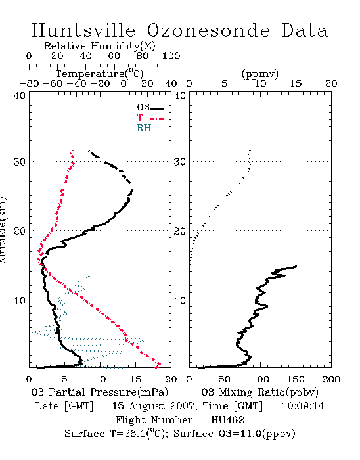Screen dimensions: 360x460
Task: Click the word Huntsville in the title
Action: [83, 30]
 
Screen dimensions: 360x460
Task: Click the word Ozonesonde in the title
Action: [208, 30]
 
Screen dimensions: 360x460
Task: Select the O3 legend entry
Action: [150, 108]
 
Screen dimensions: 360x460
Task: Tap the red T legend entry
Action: [150, 118]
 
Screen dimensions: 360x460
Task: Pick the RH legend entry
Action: [150, 129]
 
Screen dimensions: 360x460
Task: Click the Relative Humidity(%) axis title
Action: [100, 46]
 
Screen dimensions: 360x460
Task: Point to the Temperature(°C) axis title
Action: [100, 74]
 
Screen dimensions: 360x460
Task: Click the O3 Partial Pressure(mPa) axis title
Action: [100, 392]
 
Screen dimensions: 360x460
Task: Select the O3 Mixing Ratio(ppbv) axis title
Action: [259, 392]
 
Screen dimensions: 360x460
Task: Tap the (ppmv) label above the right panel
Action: [260, 74]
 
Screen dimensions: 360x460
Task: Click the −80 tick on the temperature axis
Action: [29, 84]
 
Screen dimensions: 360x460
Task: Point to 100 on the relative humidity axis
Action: [171, 56]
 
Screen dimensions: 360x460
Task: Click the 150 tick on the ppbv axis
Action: [296, 379]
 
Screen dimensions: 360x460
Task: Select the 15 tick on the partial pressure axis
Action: [135, 379]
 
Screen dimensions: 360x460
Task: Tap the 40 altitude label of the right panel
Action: [180, 96]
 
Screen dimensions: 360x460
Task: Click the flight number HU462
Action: [227, 420]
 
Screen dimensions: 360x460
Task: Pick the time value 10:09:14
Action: [303, 406]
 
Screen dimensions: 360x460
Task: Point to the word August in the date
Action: [145, 407]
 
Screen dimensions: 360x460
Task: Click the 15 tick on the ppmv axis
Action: [296, 84]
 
